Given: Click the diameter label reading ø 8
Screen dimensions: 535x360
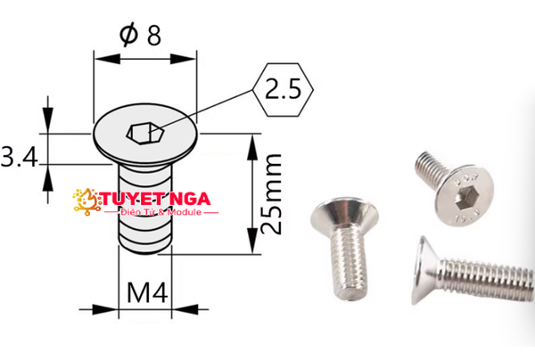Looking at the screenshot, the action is pyautogui.click(x=140, y=35).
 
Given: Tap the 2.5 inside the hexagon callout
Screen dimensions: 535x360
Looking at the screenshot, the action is pyautogui.click(x=284, y=89).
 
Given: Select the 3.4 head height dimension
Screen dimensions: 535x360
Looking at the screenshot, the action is pyautogui.click(x=19, y=157).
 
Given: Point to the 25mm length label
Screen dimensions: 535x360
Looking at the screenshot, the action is pyautogui.click(x=272, y=194).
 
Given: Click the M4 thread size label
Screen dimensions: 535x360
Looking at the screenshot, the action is pyautogui.click(x=147, y=293).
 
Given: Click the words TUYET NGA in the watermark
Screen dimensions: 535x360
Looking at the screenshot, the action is pyautogui.click(x=155, y=199).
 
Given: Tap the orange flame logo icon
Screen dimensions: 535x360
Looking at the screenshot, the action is pyautogui.click(x=86, y=201).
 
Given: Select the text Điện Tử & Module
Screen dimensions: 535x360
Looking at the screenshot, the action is pyautogui.click(x=161, y=212).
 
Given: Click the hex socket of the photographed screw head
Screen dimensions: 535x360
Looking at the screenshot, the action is pyautogui.click(x=465, y=197).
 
